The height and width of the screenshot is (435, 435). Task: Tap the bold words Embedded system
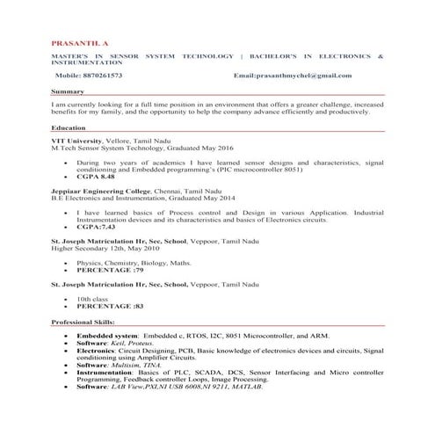coord(107,337)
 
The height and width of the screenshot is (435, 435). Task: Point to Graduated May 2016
coord(183,149)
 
